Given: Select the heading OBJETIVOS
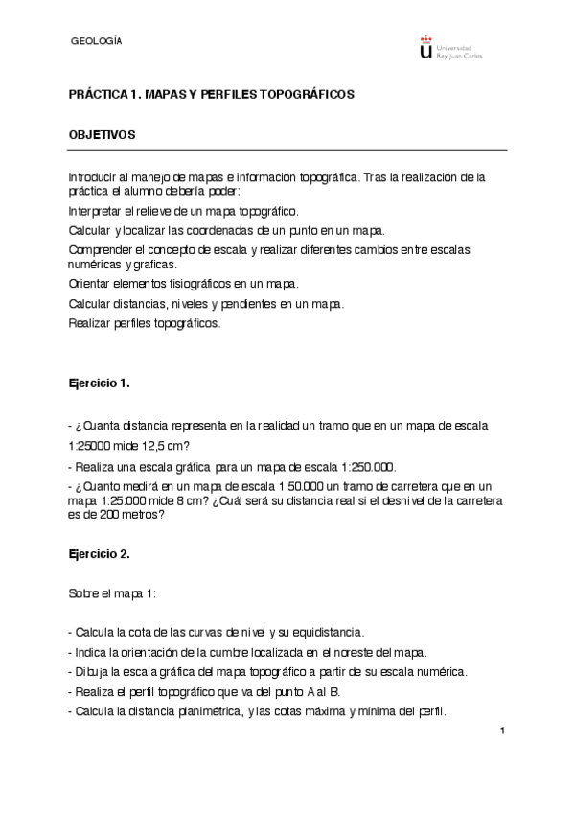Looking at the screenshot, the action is [x=102, y=135].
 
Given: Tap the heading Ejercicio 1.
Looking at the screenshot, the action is [x=99, y=383].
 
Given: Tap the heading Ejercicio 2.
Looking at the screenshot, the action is [x=99, y=554].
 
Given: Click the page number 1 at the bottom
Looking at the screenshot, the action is [x=501, y=732].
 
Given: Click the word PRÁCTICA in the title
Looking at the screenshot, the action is [x=97, y=95].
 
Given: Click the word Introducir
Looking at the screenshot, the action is [x=94, y=177].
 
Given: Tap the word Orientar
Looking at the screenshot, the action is [x=90, y=284].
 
